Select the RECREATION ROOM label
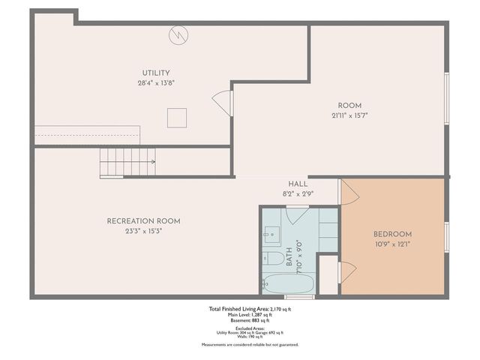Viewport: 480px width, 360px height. click(x=143, y=221)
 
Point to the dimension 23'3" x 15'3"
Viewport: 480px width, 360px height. click(x=143, y=231)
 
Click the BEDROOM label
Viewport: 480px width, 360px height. click(x=393, y=234)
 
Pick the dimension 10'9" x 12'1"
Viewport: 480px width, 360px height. click(x=393, y=244)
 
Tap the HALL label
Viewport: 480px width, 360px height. click(x=298, y=184)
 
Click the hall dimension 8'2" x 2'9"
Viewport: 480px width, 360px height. click(x=298, y=193)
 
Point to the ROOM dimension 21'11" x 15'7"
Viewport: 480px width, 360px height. click(x=349, y=115)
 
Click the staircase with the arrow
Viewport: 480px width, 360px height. click(x=127, y=162)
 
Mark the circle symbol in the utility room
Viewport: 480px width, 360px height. click(x=178, y=34)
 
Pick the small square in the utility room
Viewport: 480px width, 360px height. click(x=176, y=118)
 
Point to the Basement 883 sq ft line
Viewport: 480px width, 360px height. click(x=250, y=320)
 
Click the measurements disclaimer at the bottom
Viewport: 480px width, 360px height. click(x=250, y=344)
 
